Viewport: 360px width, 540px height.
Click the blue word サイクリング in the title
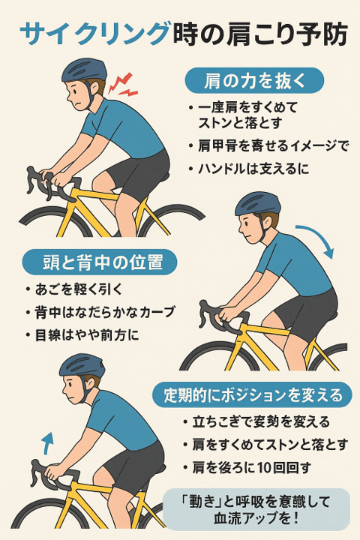95,34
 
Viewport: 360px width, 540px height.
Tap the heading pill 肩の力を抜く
254,80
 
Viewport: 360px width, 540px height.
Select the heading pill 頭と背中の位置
100,262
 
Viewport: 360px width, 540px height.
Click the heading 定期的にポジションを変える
253,394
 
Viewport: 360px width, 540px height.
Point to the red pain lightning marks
123,84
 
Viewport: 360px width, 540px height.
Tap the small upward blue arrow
47,443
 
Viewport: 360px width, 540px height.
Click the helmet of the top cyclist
85,70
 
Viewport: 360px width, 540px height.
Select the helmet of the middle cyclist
258,204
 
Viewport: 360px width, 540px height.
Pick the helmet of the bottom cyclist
82,366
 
